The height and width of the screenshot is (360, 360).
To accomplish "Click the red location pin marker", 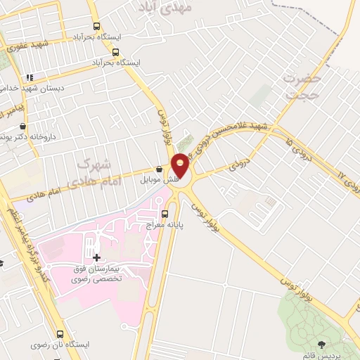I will point(181,165).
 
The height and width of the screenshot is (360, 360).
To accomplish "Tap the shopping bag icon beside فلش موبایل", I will point(160,170).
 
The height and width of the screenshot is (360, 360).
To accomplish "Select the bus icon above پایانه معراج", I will point(165,214).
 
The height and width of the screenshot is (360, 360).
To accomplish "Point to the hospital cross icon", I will point(96,257).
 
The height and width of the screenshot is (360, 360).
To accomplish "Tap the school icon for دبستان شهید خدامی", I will point(29,77).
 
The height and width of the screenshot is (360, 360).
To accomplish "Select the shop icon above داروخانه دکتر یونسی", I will point(23,126).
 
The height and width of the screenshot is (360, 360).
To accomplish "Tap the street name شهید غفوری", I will point(27,46).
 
